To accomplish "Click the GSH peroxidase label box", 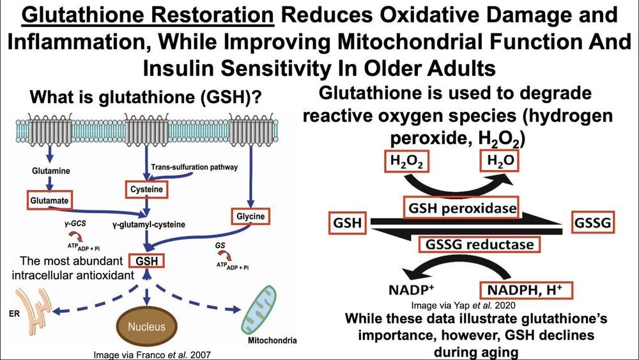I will [x=458, y=206].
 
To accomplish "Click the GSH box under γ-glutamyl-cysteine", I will [x=146, y=262].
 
